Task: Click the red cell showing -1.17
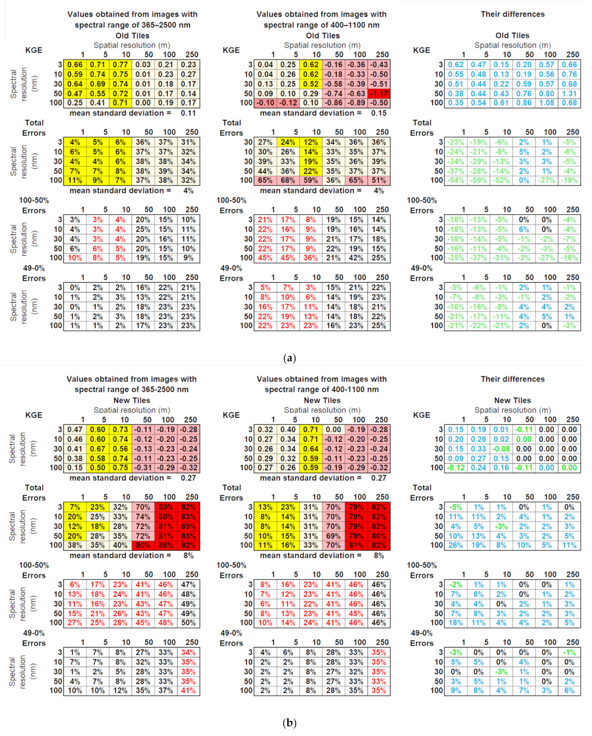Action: tap(379, 94)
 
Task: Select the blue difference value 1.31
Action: tap(569, 94)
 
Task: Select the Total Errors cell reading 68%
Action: tap(288, 180)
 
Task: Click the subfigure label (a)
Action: tap(290, 358)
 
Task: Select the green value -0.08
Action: tap(501, 449)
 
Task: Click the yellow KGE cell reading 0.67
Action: tap(98, 449)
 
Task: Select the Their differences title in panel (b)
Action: tap(513, 379)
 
